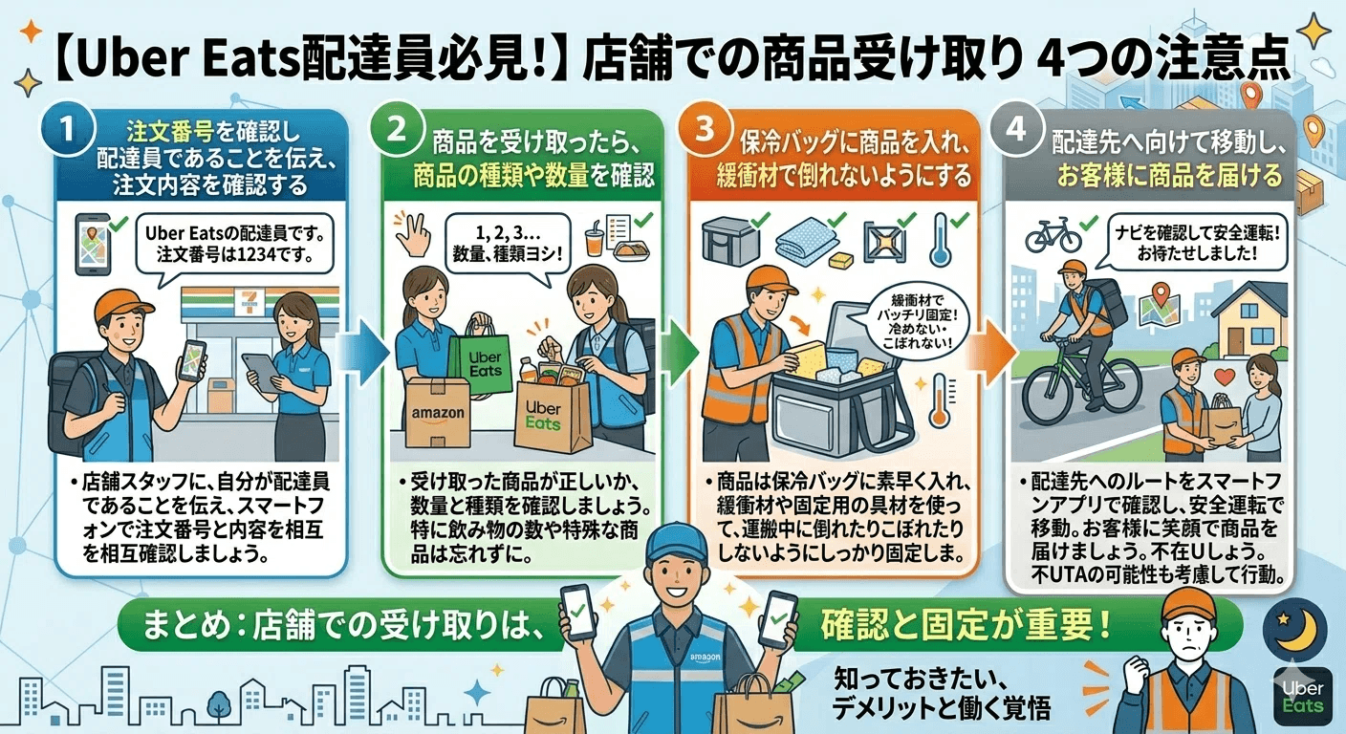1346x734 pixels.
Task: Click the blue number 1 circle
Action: (x=68, y=129)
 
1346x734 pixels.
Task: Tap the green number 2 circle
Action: (x=397, y=129)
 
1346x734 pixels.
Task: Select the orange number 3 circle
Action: (x=705, y=129)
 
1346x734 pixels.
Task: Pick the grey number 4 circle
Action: (x=1016, y=129)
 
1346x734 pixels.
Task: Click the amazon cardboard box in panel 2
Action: (x=438, y=413)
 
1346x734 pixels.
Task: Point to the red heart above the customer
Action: (x=1224, y=378)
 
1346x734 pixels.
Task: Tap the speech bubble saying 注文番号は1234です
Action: (x=234, y=245)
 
